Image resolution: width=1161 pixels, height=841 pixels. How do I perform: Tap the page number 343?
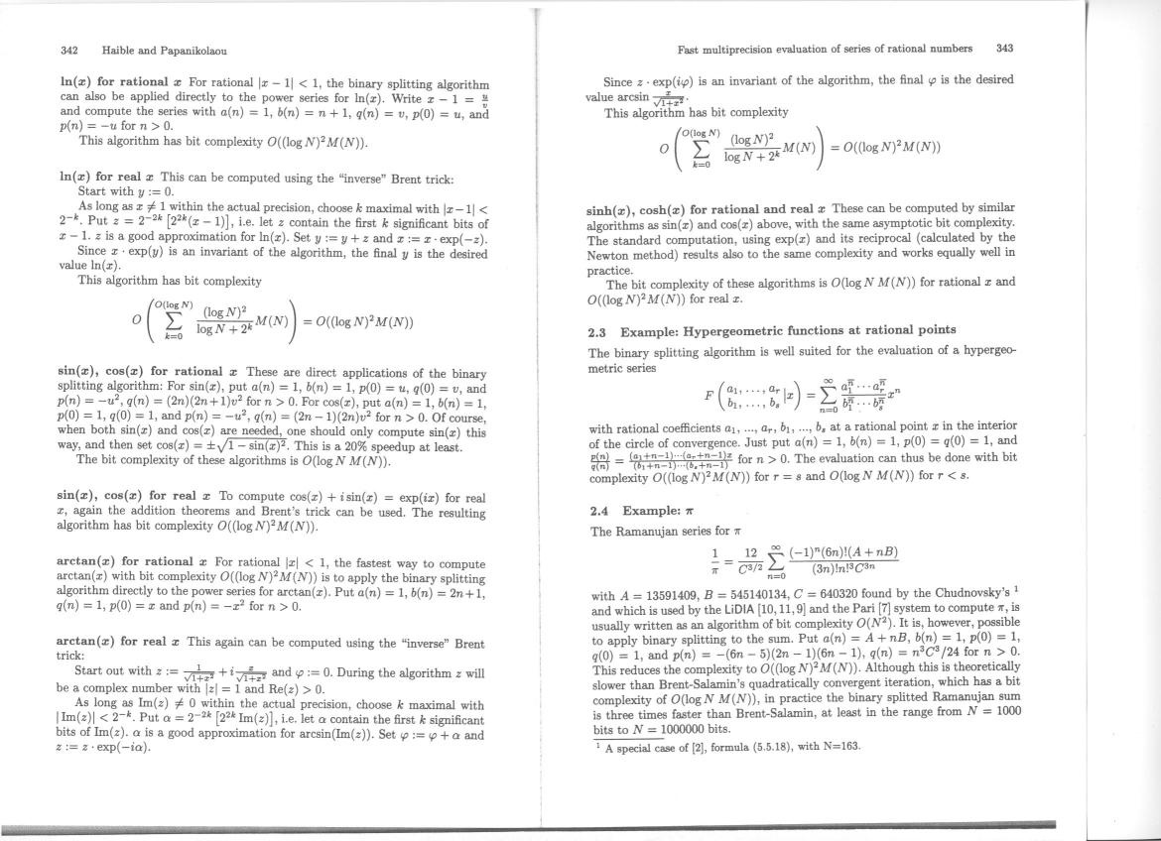click(x=1004, y=47)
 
